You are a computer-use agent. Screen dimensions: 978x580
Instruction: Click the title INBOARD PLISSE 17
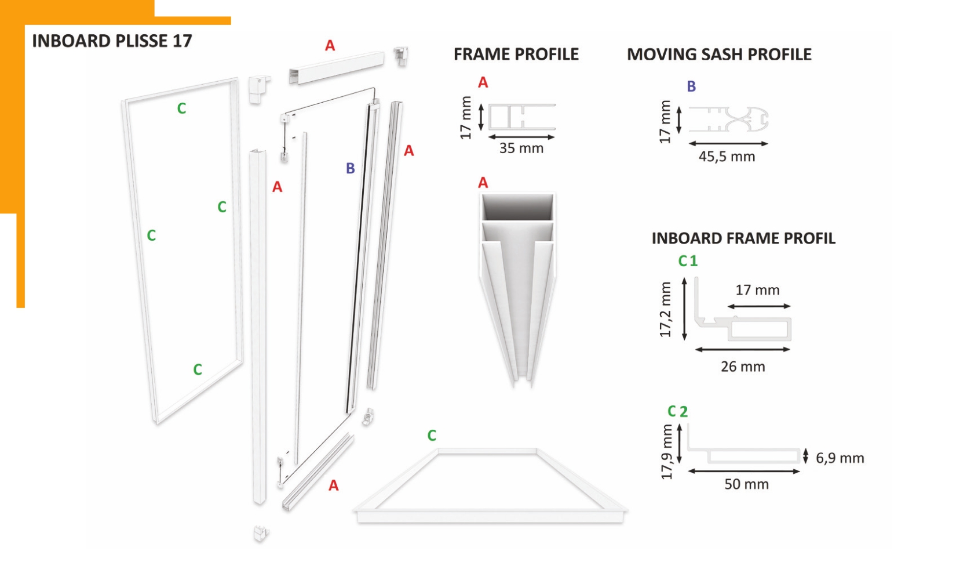tap(112, 41)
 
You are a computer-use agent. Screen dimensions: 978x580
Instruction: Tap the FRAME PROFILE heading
tap(516, 54)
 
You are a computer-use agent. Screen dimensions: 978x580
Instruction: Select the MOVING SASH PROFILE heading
tap(719, 54)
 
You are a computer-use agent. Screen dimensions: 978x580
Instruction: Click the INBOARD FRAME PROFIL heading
tap(743, 238)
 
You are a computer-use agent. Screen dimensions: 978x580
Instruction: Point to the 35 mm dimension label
tap(521, 148)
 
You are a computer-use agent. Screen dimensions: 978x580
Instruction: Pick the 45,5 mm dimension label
tap(727, 157)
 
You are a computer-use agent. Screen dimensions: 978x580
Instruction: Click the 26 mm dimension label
tap(743, 366)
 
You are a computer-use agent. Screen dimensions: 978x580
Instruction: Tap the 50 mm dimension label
tap(747, 484)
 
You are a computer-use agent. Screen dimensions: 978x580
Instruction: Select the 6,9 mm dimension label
tap(840, 458)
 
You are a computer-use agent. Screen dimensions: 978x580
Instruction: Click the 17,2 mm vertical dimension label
tap(665, 310)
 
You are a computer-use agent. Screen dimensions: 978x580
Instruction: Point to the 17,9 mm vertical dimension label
tap(667, 452)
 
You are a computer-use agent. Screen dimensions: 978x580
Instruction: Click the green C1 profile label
tap(688, 261)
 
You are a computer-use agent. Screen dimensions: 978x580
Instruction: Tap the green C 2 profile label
tap(678, 411)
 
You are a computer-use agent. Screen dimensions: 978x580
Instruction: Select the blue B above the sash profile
tap(691, 86)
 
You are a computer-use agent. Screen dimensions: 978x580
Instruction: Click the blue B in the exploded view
tap(350, 168)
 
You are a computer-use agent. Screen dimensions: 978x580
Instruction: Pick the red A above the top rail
tap(330, 45)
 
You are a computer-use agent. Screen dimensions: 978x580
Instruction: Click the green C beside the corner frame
tap(432, 436)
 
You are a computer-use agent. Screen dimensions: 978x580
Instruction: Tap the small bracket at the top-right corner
tap(401, 56)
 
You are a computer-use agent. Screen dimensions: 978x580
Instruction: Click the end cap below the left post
tap(261, 533)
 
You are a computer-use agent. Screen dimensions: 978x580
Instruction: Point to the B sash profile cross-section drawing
tap(728, 119)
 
